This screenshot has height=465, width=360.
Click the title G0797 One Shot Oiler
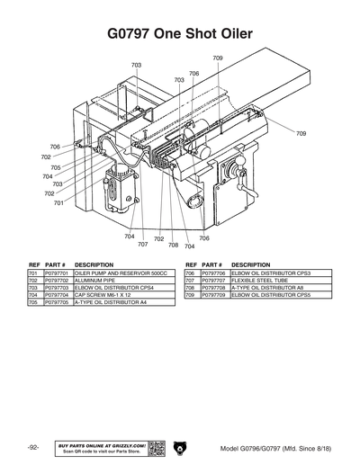coord(180,34)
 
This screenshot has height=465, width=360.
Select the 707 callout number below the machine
coord(142,244)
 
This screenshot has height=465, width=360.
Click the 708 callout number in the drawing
coord(173,244)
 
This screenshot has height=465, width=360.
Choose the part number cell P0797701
coord(57,272)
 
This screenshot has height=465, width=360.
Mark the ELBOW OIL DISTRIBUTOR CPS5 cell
coord(271,294)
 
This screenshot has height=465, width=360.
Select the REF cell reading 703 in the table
coord(33,287)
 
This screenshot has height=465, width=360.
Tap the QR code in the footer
coord(156,448)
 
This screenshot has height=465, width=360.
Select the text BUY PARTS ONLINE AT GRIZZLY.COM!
coord(101,444)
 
